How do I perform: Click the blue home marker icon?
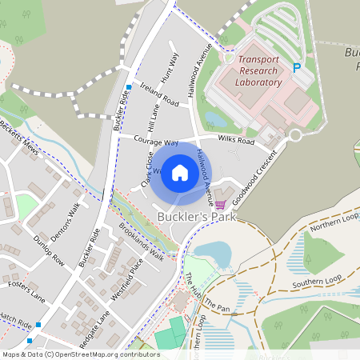[x=180, y=172]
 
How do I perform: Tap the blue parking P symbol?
[x=297, y=69]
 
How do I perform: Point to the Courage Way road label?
[x=155, y=140]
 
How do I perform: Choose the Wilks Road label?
[x=237, y=142]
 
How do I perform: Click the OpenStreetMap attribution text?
[x=81, y=354]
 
